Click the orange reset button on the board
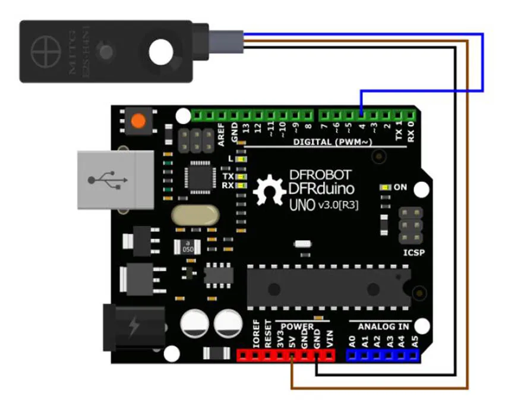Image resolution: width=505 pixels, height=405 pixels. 138,121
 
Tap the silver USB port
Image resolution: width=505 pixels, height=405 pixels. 108,179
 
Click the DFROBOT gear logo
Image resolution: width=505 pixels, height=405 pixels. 270,190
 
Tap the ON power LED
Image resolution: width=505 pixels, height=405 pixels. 386,188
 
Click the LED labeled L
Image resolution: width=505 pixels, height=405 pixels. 241,159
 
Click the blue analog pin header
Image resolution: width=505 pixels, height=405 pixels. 383,355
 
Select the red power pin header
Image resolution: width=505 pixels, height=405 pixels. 285,355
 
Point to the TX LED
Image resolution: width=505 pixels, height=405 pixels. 241,177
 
